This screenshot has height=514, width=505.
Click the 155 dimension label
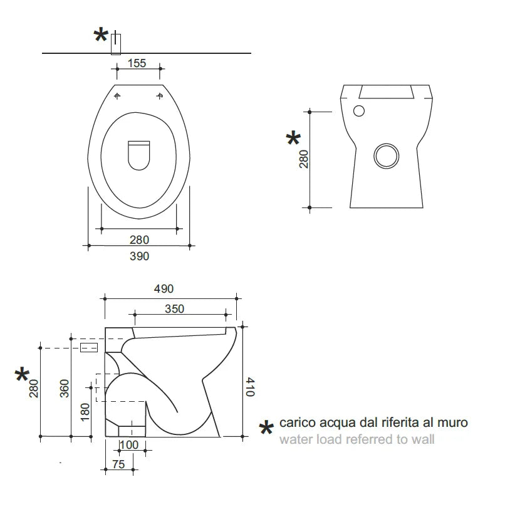pyautogui.click(x=137, y=63)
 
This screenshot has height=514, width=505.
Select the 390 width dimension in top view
pyautogui.click(x=139, y=256)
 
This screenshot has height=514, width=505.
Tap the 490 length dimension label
pyautogui.click(x=164, y=289)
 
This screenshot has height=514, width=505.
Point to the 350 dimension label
pyautogui.click(x=174, y=309)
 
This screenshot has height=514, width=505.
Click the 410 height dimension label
pyautogui.click(x=250, y=387)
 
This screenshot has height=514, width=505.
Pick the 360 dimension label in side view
pyautogui.click(x=65, y=389)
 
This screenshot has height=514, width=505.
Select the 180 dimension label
pyautogui.click(x=85, y=412)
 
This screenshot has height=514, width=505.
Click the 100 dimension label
pyautogui.click(x=129, y=445)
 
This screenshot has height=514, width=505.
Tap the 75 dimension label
pyautogui.click(x=118, y=464)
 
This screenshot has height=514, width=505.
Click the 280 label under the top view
pyautogui.click(x=139, y=240)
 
